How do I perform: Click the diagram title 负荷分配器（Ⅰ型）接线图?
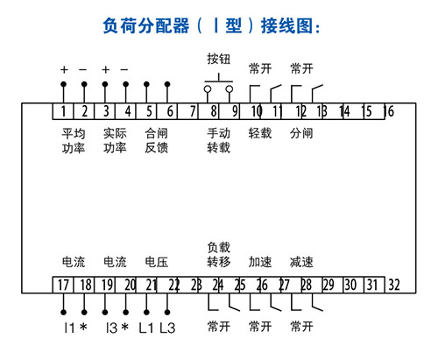click(x=211, y=25)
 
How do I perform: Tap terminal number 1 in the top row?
click(x=63, y=111)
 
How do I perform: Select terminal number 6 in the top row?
click(x=170, y=111)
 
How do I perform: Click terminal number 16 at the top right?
click(x=389, y=111)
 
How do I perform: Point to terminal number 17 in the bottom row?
click(x=63, y=285)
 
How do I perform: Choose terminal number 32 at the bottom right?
click(x=394, y=285)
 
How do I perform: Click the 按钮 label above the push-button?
click(x=219, y=59)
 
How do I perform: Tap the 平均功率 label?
click(x=74, y=141)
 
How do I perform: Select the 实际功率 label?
click(x=115, y=141)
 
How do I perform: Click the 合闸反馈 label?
click(x=157, y=141)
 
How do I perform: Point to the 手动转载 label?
click(x=219, y=141)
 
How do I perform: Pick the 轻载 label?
click(x=260, y=133)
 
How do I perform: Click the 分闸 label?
click(x=301, y=133)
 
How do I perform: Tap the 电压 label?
click(x=157, y=262)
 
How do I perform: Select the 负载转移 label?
click(x=219, y=255)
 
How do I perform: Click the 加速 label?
click(x=260, y=262)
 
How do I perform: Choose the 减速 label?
click(x=301, y=262)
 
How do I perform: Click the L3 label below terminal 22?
click(x=167, y=328)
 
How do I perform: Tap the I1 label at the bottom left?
click(x=69, y=328)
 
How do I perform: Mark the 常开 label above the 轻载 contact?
click(x=260, y=69)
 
